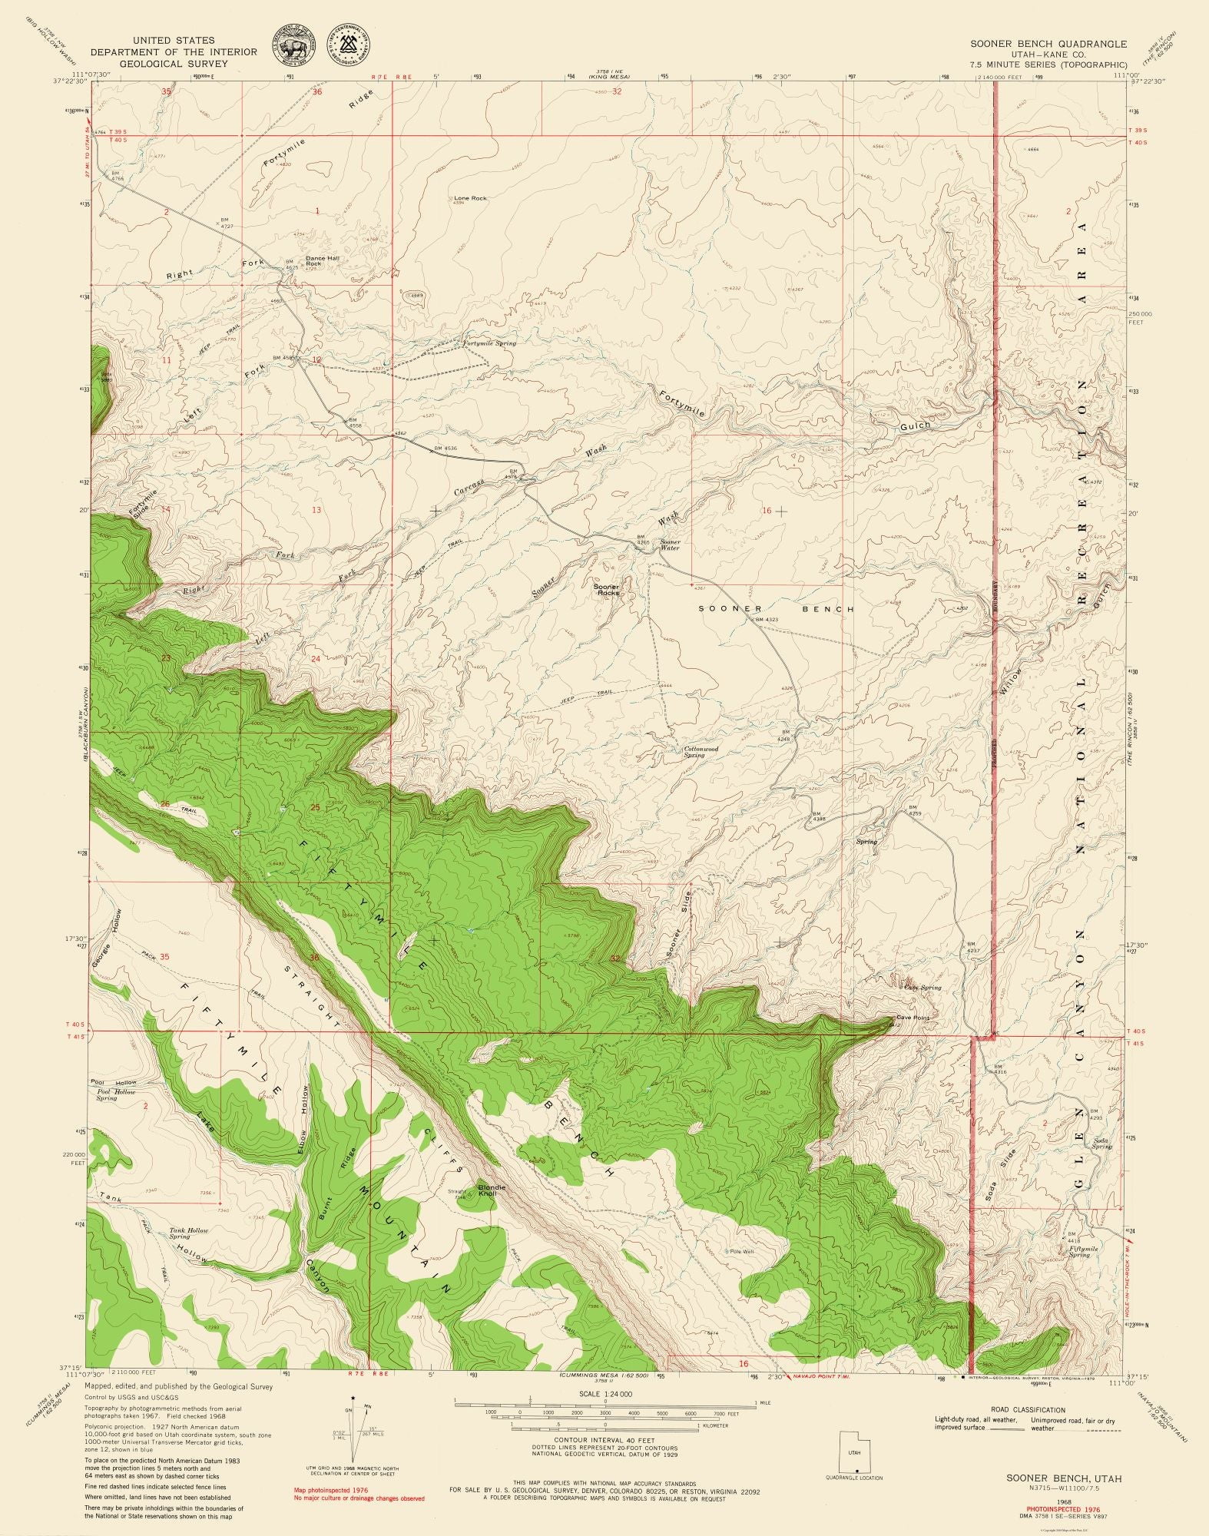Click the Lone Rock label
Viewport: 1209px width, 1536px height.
(x=470, y=198)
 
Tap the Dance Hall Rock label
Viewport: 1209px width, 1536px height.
(x=322, y=261)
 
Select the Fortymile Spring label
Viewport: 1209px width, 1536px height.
(x=489, y=343)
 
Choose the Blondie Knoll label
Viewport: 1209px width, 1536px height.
(x=492, y=1213)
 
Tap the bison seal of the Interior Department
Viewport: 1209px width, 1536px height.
(x=295, y=48)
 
